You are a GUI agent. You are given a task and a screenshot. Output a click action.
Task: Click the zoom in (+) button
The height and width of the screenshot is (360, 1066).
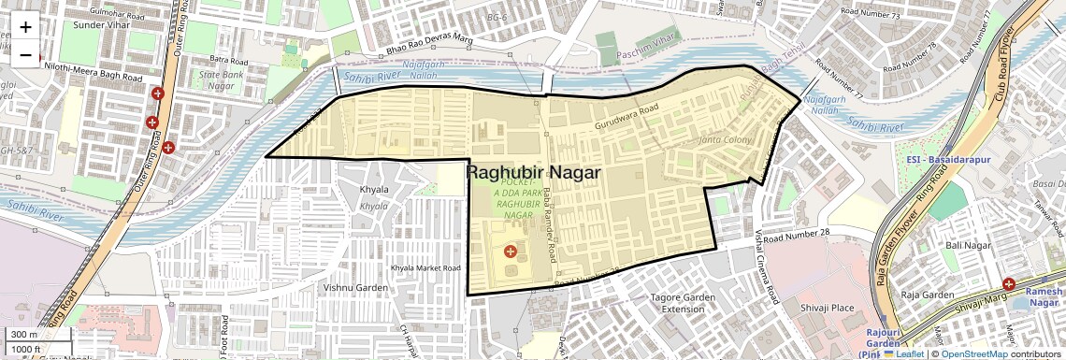tap(25, 26)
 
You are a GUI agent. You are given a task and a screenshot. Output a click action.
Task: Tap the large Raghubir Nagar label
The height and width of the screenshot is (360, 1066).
tap(532, 173)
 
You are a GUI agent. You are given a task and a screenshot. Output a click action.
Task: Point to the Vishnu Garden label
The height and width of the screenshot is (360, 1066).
tap(354, 287)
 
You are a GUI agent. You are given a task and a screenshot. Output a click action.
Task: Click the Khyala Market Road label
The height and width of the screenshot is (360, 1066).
tap(426, 267)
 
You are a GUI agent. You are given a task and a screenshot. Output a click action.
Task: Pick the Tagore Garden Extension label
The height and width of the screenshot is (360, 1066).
tap(683, 303)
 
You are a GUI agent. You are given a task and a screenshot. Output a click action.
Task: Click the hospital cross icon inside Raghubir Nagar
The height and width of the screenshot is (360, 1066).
tap(510, 251)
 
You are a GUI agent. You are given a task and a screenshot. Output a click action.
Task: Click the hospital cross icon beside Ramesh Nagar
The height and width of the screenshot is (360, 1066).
tap(1009, 284)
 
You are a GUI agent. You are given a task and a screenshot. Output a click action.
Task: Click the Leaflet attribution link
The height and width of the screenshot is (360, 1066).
tap(903, 353)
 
